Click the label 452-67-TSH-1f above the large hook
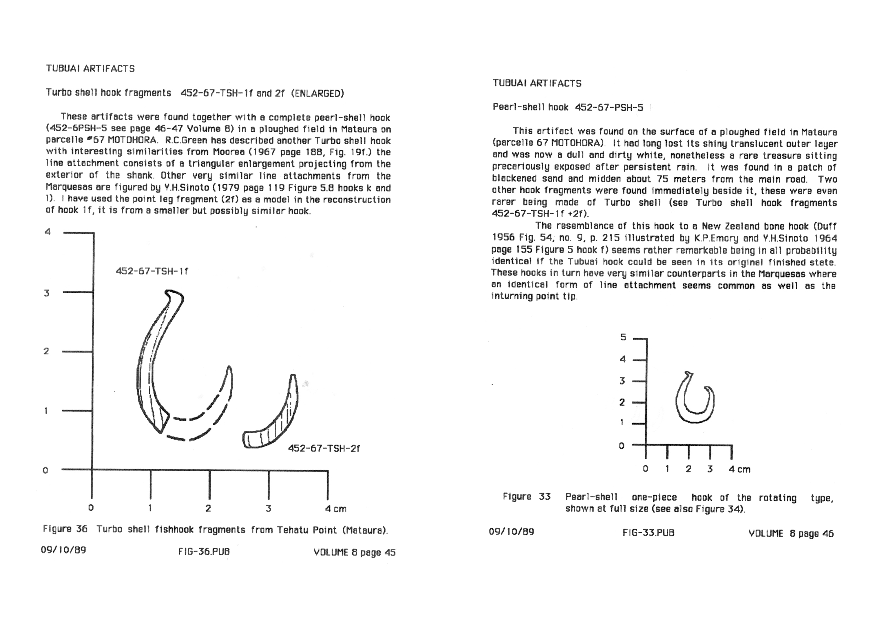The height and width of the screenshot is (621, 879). pyautogui.click(x=152, y=271)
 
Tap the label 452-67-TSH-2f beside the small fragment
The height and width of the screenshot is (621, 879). pyautogui.click(x=324, y=448)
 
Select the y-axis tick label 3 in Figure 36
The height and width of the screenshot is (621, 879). pyautogui.click(x=47, y=293)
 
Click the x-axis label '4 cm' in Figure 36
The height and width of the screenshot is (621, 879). pyautogui.click(x=336, y=509)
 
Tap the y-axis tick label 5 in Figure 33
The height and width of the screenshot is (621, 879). pyautogui.click(x=623, y=337)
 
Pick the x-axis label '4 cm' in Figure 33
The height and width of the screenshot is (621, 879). pyautogui.click(x=739, y=469)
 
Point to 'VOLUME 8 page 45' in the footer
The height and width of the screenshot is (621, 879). pyautogui.click(x=354, y=552)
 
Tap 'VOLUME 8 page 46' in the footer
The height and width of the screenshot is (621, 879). pyautogui.click(x=791, y=534)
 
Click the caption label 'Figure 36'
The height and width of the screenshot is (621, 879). pyautogui.click(x=65, y=529)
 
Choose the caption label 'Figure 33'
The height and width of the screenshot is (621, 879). pyautogui.click(x=526, y=497)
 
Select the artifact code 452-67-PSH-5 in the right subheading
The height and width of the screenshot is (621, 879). pyautogui.click(x=609, y=107)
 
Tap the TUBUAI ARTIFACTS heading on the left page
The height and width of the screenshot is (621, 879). pyautogui.click(x=90, y=68)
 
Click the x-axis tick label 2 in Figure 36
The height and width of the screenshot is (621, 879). pyautogui.click(x=208, y=508)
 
